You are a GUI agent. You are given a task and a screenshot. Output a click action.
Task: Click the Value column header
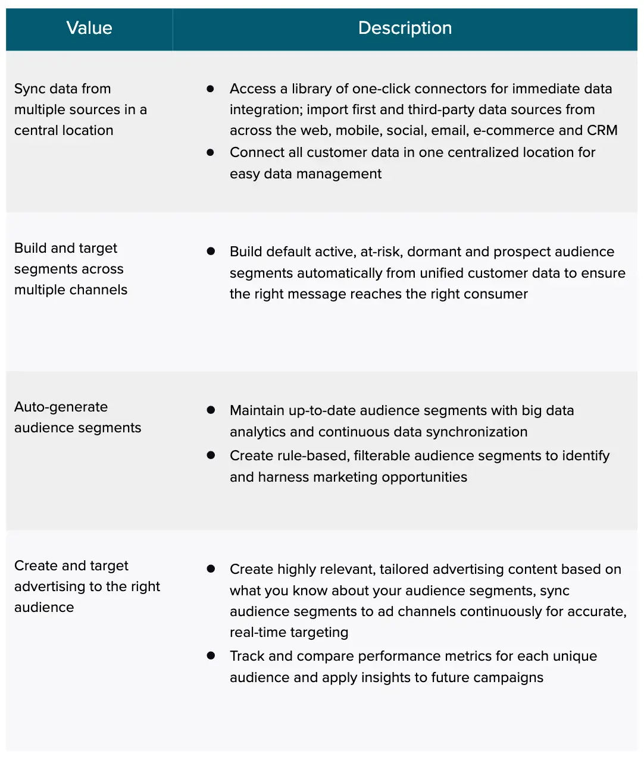[x=89, y=28]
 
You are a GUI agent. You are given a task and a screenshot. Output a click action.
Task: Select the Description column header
[x=405, y=28]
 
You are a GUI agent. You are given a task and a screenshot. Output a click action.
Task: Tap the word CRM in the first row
[x=602, y=130]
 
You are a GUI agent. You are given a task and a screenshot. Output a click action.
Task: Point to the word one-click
[x=381, y=89]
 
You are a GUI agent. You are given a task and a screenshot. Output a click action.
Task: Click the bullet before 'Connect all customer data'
[x=210, y=152]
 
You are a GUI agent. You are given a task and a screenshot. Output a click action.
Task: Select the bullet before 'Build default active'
[x=210, y=251]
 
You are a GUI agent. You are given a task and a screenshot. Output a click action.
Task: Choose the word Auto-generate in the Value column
[x=61, y=407]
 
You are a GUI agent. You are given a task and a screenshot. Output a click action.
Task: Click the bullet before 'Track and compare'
[x=210, y=655]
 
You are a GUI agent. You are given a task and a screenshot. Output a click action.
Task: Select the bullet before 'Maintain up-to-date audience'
[x=210, y=410]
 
